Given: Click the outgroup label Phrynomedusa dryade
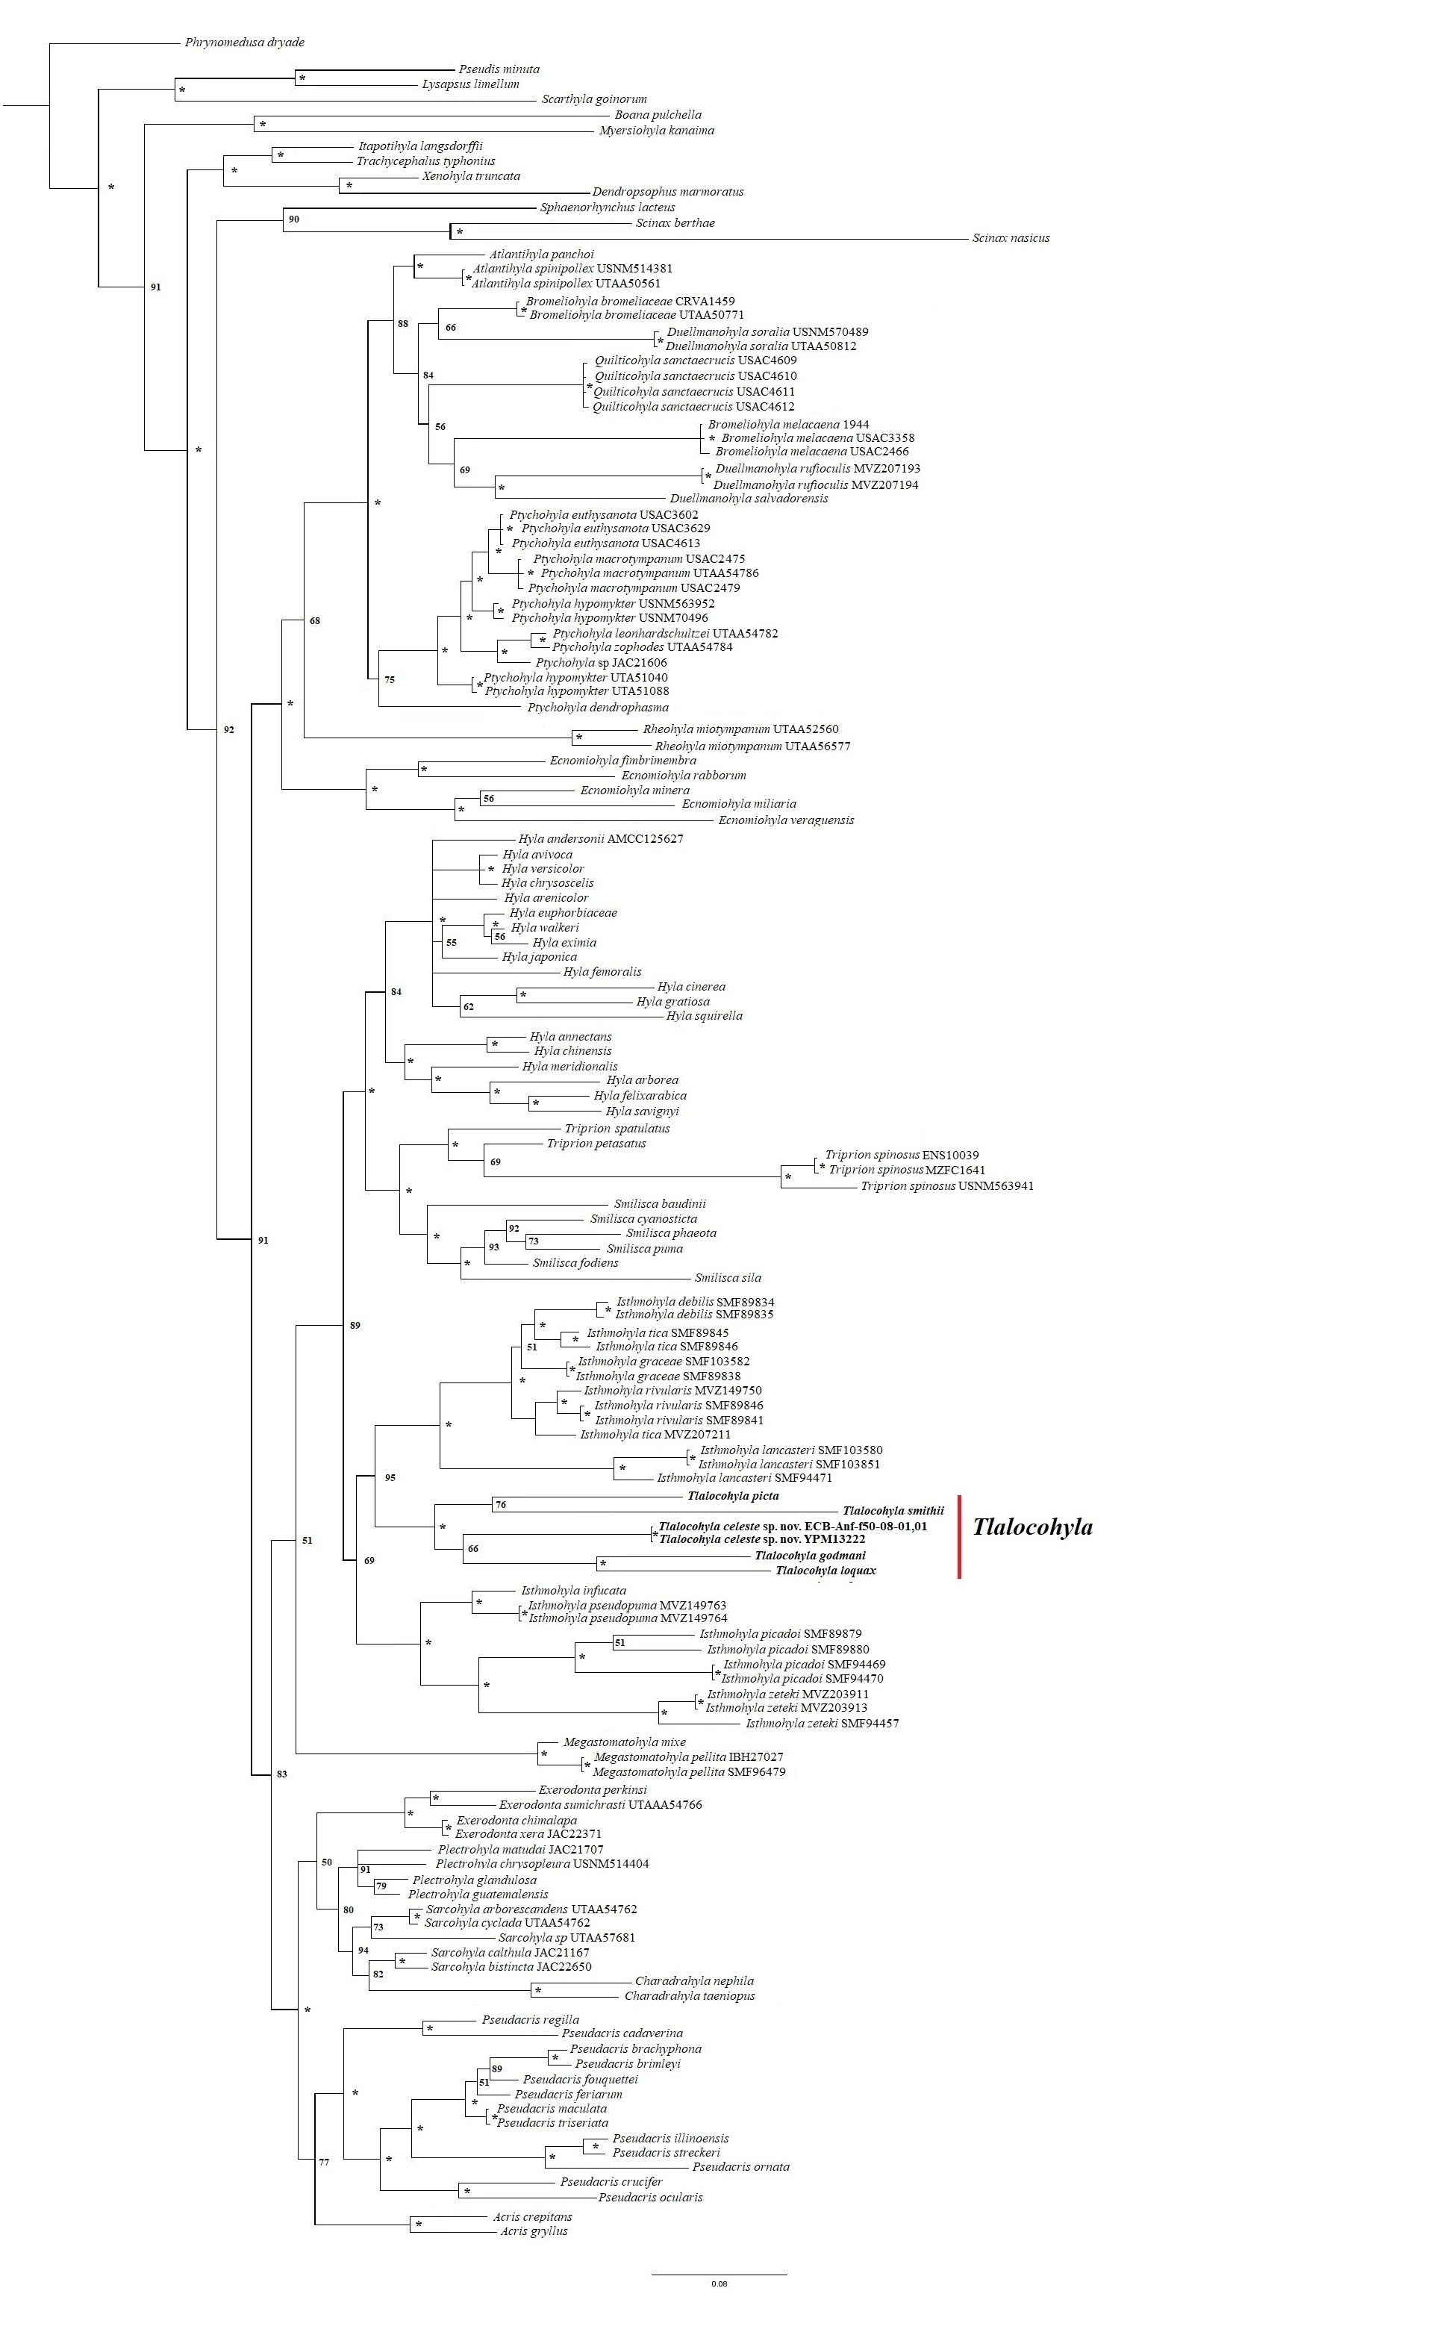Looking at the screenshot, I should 245,43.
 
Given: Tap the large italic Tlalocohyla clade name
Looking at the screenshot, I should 1032,1527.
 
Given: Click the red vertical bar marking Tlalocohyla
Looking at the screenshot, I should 958,1537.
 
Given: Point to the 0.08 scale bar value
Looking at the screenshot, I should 719,2284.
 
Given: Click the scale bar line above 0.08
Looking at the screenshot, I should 719,2274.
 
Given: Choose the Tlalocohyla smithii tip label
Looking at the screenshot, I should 893,1511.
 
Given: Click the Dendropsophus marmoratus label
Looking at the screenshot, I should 667,192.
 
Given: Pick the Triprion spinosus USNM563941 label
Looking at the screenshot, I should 946,1186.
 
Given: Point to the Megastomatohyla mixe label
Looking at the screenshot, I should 624,1742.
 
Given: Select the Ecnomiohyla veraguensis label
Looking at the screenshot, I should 786,820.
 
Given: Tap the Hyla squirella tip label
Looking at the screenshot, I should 705,1016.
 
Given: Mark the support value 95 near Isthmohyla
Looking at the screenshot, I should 390,1477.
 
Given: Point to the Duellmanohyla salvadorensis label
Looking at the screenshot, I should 749,498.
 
